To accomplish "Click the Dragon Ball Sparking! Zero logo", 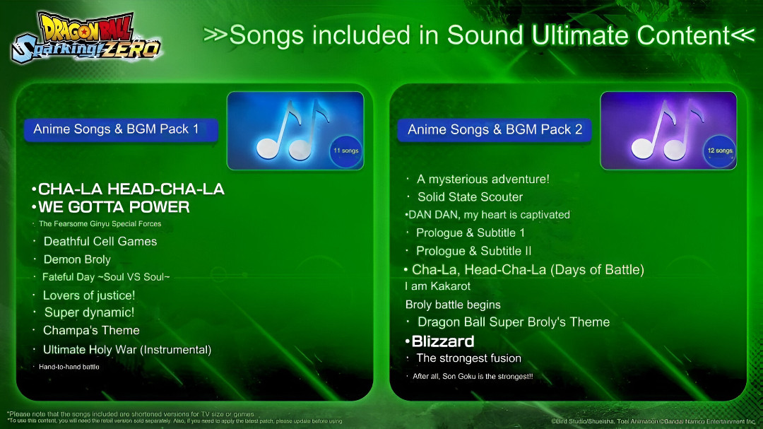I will [86, 37].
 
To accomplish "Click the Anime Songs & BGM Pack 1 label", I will [117, 129].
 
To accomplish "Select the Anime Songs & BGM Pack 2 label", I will [495, 130].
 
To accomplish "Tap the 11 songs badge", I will [345, 151].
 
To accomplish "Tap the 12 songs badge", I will [719, 151].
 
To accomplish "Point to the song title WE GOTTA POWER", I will [114, 207].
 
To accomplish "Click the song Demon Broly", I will [77, 259].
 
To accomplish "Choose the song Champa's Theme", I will [91, 330].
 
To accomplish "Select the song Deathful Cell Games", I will [100, 241].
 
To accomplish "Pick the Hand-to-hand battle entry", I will [69, 367].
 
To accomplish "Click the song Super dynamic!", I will [89, 312].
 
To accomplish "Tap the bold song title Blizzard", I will [443, 341].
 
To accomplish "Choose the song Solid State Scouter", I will [470, 196].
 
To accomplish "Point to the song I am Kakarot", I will [438, 286].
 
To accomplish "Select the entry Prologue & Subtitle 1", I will [471, 233].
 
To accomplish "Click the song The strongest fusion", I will [469, 358].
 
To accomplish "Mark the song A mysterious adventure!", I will [483, 179].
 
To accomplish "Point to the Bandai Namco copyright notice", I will [653, 421].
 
